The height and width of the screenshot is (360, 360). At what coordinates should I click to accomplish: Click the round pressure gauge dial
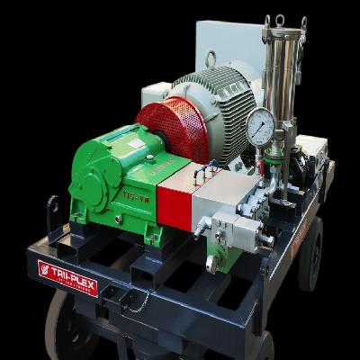tap(260, 127)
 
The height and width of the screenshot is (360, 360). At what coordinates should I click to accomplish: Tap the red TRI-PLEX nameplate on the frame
tap(67, 276)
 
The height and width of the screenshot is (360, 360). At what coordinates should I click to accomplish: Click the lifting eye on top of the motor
tap(211, 59)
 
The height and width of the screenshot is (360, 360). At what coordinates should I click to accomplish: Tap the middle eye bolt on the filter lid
tap(281, 21)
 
